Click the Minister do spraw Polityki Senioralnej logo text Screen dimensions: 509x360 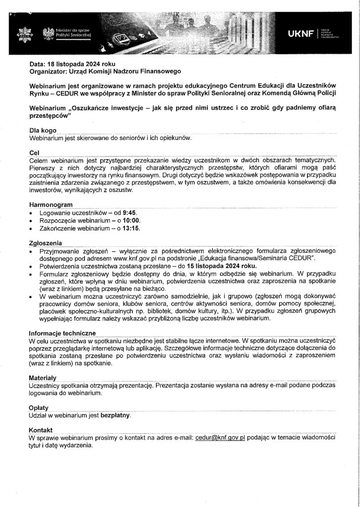click(x=73, y=32)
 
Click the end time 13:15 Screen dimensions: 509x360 click(x=131, y=228)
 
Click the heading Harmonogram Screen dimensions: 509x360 click(x=51, y=205)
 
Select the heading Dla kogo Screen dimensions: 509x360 click(x=43, y=130)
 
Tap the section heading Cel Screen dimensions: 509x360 click(x=34, y=153)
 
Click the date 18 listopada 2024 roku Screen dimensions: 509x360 click(x=81, y=64)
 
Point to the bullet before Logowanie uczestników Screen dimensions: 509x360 click(x=30, y=213)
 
